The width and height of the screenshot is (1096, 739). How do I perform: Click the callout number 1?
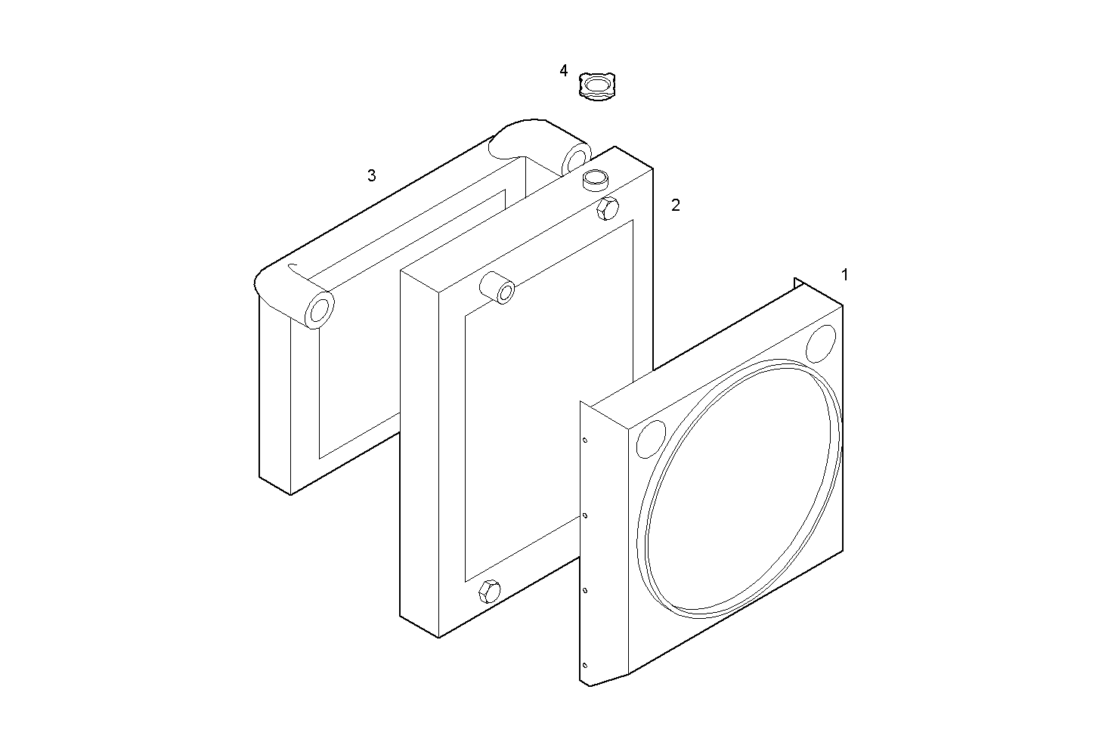(x=844, y=275)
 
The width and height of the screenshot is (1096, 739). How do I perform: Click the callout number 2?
(x=676, y=206)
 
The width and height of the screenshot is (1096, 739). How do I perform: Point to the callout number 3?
(x=371, y=176)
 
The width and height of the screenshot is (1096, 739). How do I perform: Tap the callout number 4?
(x=563, y=71)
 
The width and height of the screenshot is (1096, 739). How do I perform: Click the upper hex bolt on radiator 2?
(x=608, y=208)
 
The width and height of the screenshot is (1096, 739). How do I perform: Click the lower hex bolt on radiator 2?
(x=488, y=591)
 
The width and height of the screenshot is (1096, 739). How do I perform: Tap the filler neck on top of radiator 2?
(x=595, y=181)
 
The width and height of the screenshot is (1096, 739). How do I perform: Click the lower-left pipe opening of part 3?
(x=320, y=311)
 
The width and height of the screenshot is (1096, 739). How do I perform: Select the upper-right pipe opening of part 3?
(x=576, y=160)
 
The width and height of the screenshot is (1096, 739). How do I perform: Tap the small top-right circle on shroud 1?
(x=820, y=344)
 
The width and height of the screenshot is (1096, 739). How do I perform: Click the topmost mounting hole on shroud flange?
(x=584, y=441)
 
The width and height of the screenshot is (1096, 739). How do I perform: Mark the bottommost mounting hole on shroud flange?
(x=584, y=666)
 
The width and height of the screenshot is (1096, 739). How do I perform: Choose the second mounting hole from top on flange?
(x=584, y=516)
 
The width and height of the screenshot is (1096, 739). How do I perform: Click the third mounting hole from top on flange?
(x=584, y=591)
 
